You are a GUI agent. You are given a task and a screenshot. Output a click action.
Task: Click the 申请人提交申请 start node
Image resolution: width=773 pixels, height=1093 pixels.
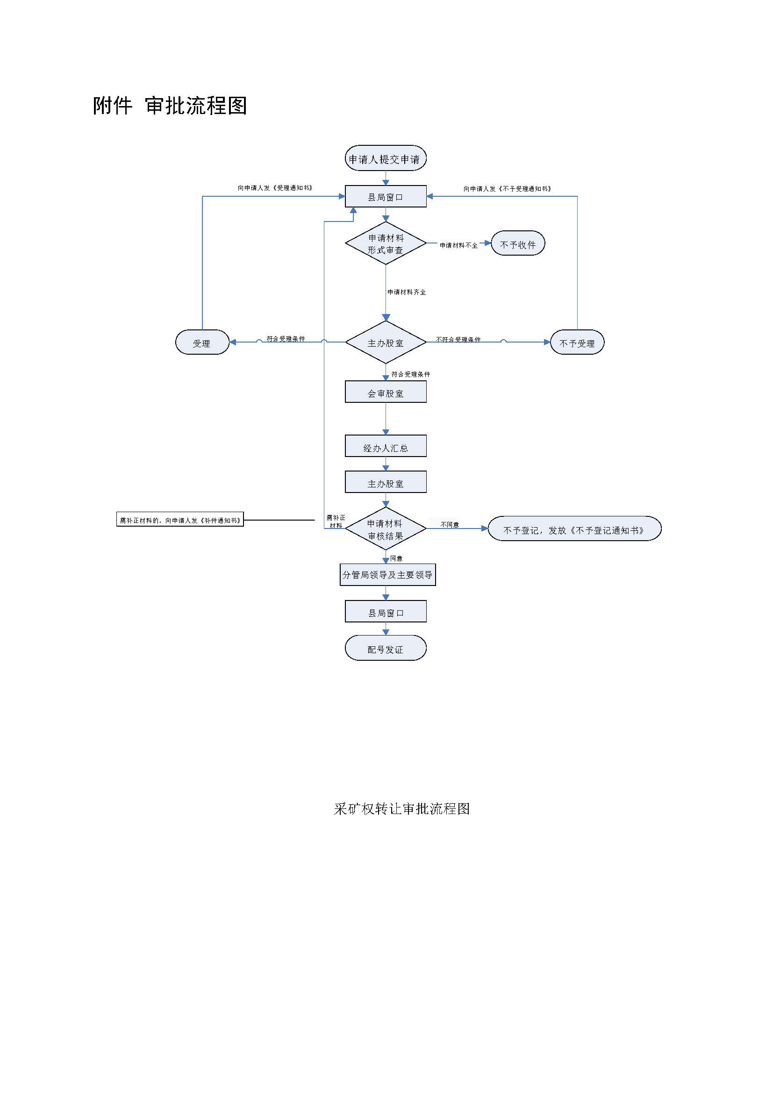386,159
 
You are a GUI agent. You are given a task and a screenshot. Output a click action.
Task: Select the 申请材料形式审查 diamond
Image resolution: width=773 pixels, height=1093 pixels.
386,243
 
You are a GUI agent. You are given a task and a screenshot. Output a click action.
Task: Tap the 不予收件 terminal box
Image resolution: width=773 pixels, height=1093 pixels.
518,244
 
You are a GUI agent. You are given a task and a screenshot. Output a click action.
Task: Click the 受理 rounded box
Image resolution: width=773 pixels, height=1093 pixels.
202,343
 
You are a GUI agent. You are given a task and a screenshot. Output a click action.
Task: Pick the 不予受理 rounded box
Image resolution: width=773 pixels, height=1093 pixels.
577,343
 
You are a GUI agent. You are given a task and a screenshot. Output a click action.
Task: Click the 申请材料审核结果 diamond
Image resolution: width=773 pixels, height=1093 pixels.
386,529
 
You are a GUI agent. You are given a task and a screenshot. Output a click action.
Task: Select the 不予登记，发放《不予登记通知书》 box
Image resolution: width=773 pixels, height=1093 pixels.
574,529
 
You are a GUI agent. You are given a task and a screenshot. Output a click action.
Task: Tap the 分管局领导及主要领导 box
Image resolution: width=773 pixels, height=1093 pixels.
387,575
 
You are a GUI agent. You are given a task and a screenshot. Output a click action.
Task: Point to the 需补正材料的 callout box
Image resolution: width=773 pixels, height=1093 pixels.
180,520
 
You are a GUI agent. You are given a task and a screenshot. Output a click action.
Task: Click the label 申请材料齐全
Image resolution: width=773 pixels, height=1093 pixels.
407,292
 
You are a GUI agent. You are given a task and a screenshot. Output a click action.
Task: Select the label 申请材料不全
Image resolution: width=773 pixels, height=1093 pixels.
458,245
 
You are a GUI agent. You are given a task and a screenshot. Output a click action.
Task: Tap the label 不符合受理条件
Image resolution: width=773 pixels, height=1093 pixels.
458,339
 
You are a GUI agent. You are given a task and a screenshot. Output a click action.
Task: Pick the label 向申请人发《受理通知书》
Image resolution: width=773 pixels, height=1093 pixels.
275,188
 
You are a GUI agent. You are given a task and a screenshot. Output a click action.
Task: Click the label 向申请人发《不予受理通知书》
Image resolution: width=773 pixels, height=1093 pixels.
508,188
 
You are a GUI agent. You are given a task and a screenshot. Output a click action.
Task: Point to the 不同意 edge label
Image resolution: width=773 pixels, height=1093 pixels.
450,524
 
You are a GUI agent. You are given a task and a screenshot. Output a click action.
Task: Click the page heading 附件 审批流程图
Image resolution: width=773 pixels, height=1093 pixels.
170,106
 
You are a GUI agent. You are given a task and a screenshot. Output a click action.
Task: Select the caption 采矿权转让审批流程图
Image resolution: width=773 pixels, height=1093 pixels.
402,809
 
